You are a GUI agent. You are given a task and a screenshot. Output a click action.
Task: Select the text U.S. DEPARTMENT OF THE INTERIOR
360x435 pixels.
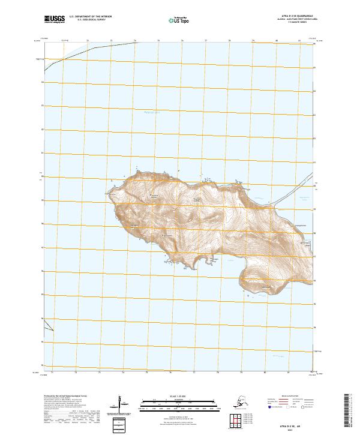pos(91,16)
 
